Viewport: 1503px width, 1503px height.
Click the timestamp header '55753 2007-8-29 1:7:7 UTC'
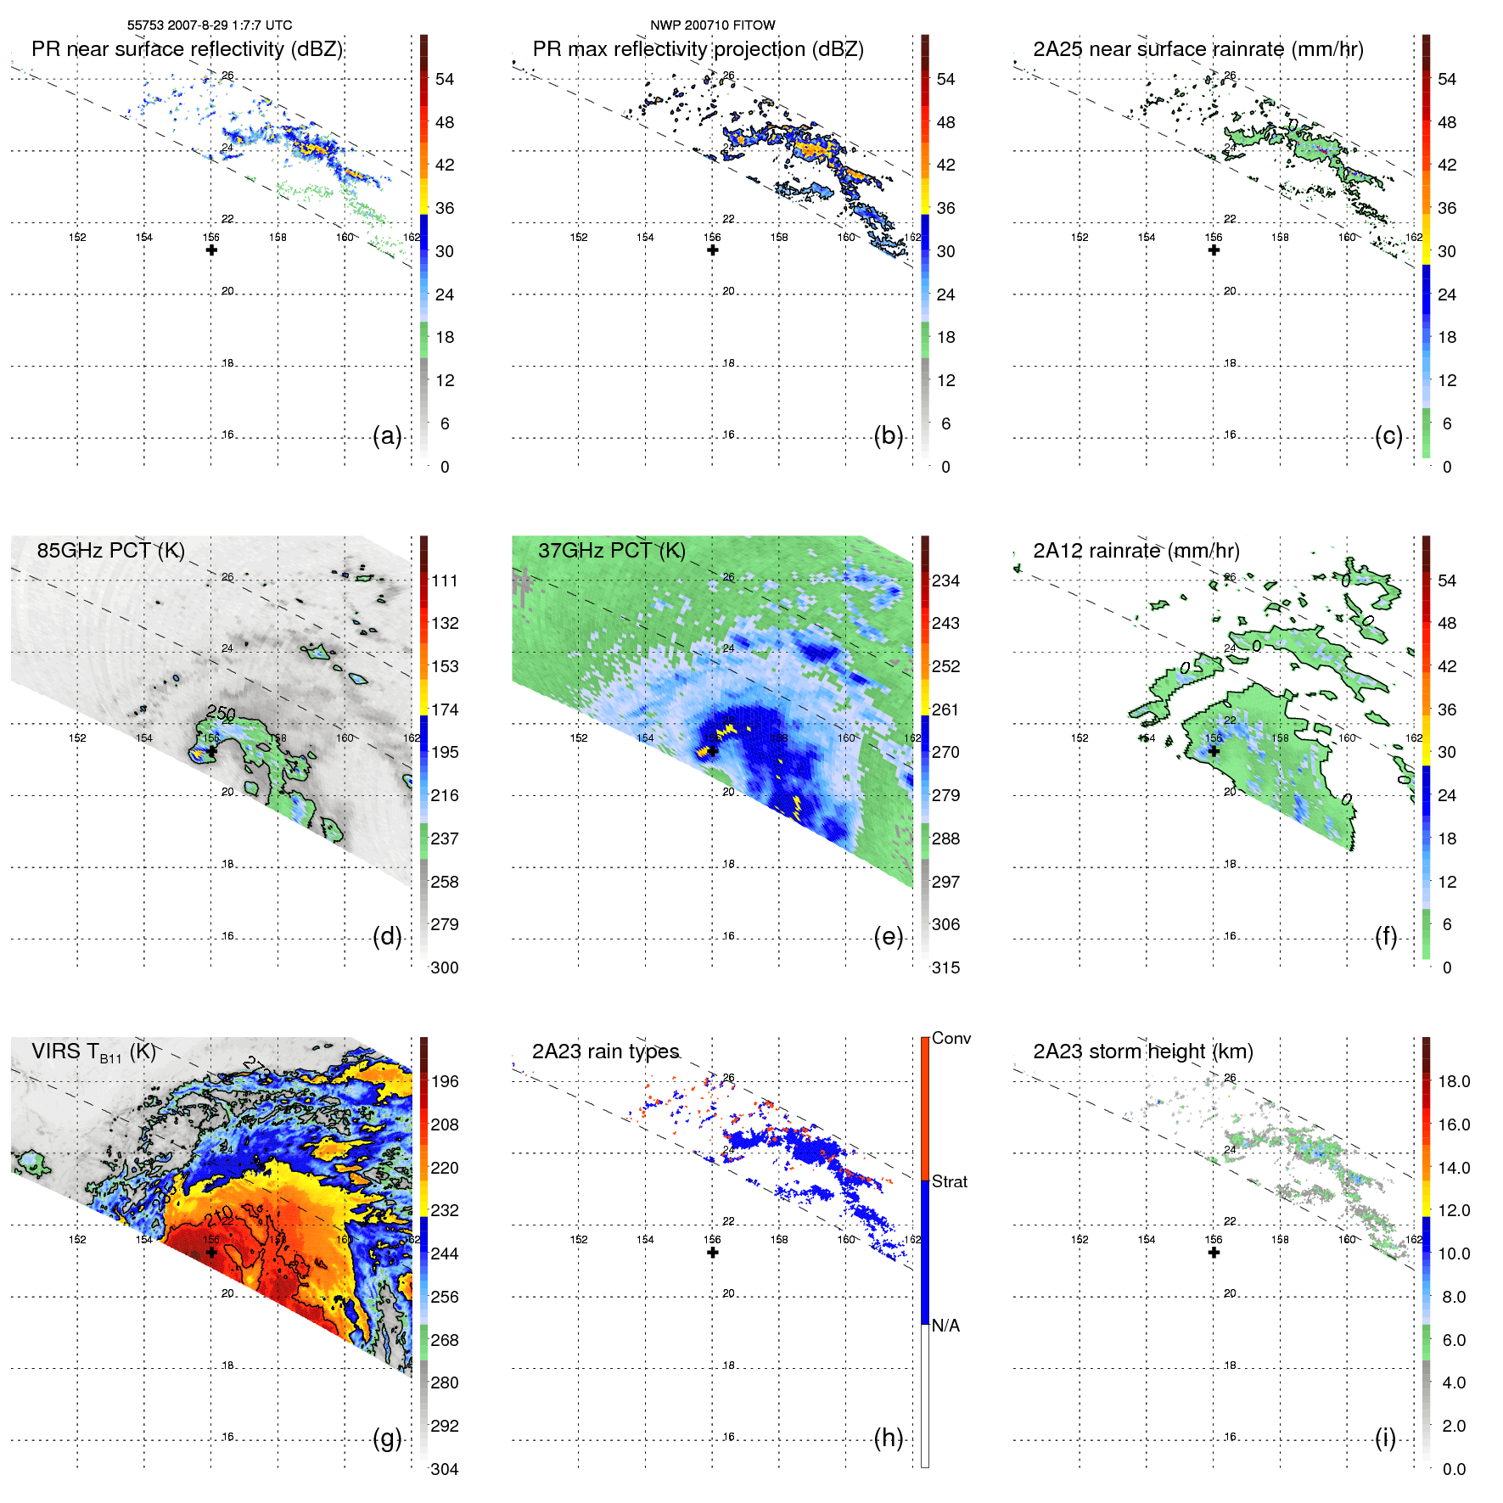tap(210, 25)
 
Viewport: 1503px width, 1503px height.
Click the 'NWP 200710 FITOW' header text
tap(713, 25)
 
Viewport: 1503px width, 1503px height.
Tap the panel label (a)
tap(387, 436)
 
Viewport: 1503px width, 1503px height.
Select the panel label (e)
tap(889, 937)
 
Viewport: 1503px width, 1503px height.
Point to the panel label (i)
tap(1386, 1439)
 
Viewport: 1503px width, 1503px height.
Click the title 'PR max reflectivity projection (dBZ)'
tap(698, 49)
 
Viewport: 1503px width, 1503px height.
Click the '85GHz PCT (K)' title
tap(111, 551)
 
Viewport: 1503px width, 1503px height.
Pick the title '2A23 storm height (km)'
tap(1143, 1052)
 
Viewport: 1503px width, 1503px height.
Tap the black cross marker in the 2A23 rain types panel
tap(713, 1253)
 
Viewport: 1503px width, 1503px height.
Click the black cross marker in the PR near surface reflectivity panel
tap(211, 250)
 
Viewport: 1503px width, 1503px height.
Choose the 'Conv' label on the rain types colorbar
tap(951, 1038)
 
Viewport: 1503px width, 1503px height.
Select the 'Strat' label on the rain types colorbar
tap(950, 1181)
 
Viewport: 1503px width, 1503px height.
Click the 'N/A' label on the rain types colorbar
tap(945, 1326)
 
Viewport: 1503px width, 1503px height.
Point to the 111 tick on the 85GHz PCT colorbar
tap(445, 581)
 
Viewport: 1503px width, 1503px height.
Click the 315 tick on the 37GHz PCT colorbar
tap(945, 967)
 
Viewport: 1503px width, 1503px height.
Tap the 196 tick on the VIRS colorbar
tap(445, 1082)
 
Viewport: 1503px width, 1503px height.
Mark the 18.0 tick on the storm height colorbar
tap(1454, 1082)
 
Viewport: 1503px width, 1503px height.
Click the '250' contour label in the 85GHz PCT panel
tap(221, 713)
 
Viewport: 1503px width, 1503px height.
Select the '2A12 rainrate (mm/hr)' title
tap(1136, 551)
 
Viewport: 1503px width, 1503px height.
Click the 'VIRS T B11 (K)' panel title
tap(94, 1052)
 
